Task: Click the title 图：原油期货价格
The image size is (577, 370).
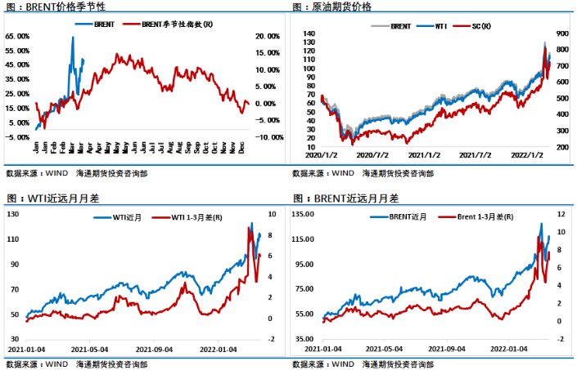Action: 331,7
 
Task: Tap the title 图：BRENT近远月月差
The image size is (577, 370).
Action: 345,198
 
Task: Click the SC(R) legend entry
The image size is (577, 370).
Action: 481,27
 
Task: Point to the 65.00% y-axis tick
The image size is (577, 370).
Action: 17,37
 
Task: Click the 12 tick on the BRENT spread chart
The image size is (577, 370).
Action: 562,215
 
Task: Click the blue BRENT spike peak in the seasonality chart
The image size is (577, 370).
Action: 74,38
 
